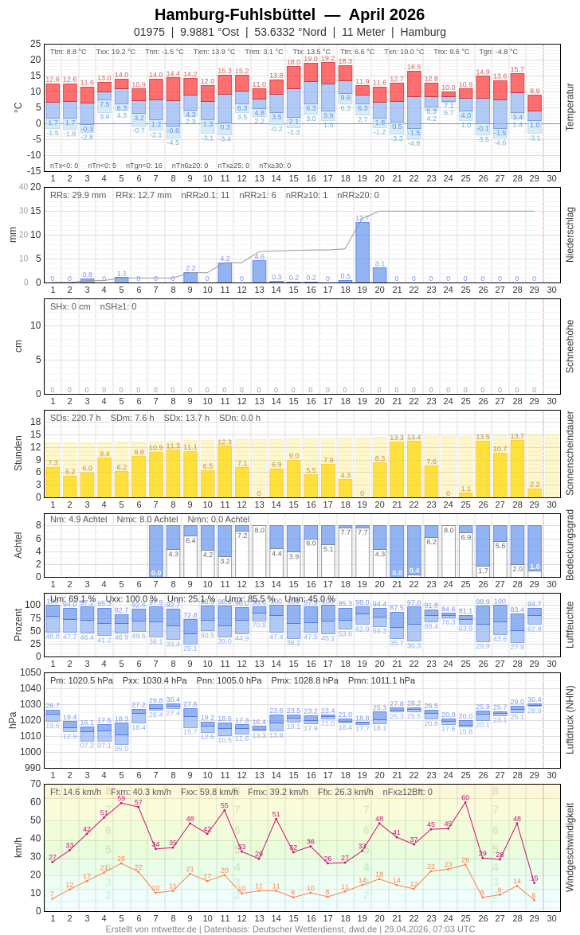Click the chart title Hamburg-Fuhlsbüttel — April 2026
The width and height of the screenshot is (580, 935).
pyautogui.click(x=289, y=14)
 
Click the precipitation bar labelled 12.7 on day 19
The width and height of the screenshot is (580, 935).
pyautogui.click(x=362, y=252)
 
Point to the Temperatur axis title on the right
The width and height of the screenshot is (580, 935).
pyautogui.click(x=570, y=107)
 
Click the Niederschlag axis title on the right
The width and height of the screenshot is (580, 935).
pyautogui.click(x=570, y=235)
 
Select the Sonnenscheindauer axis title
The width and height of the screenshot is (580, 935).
pyautogui.click(x=570, y=453)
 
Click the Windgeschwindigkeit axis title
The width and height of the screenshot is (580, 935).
pyautogui.click(x=570, y=847)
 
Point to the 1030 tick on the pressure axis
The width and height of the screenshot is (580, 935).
pyautogui.click(x=31, y=704)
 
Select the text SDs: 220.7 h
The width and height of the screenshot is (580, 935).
pyautogui.click(x=76, y=418)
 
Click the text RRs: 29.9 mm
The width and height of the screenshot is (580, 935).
pyautogui.click(x=78, y=195)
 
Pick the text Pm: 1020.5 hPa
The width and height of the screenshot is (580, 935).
pyautogui.click(x=82, y=680)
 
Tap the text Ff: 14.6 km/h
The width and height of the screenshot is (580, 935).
pyautogui.click(x=76, y=792)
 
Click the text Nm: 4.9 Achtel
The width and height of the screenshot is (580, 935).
pyautogui.click(x=78, y=519)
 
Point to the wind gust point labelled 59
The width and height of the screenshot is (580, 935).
pyautogui.click(x=121, y=803)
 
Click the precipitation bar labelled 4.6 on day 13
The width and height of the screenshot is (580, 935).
pyautogui.click(x=259, y=271)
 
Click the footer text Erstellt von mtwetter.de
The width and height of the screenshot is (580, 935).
pyautogui.click(x=151, y=929)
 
